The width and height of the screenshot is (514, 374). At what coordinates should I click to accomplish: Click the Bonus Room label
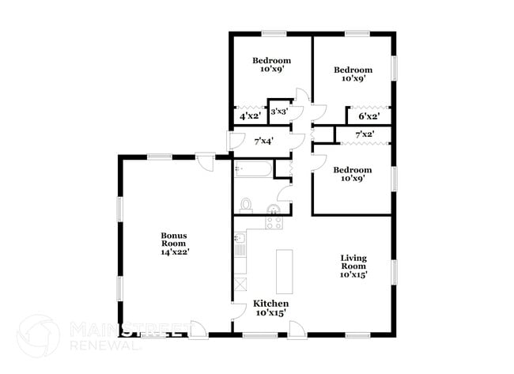[174, 244]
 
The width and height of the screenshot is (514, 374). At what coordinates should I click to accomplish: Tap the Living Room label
[353, 266]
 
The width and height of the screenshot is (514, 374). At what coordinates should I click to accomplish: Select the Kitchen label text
[270, 308]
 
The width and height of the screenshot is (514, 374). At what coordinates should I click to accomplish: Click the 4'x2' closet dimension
[251, 116]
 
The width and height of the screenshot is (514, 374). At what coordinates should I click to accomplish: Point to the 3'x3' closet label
[278, 112]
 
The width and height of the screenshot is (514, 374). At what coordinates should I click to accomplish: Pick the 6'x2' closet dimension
[368, 116]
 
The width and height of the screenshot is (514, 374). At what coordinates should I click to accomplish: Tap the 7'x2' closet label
[364, 135]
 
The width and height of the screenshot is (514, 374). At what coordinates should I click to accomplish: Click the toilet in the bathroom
[245, 206]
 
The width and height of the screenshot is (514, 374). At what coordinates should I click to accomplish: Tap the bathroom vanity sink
[274, 210]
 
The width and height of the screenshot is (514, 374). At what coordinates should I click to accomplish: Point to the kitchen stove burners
[274, 223]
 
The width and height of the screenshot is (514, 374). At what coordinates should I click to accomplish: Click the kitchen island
[284, 271]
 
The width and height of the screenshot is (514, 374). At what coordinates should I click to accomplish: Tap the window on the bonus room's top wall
[161, 157]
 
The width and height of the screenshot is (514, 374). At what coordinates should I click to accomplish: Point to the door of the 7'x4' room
[234, 142]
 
